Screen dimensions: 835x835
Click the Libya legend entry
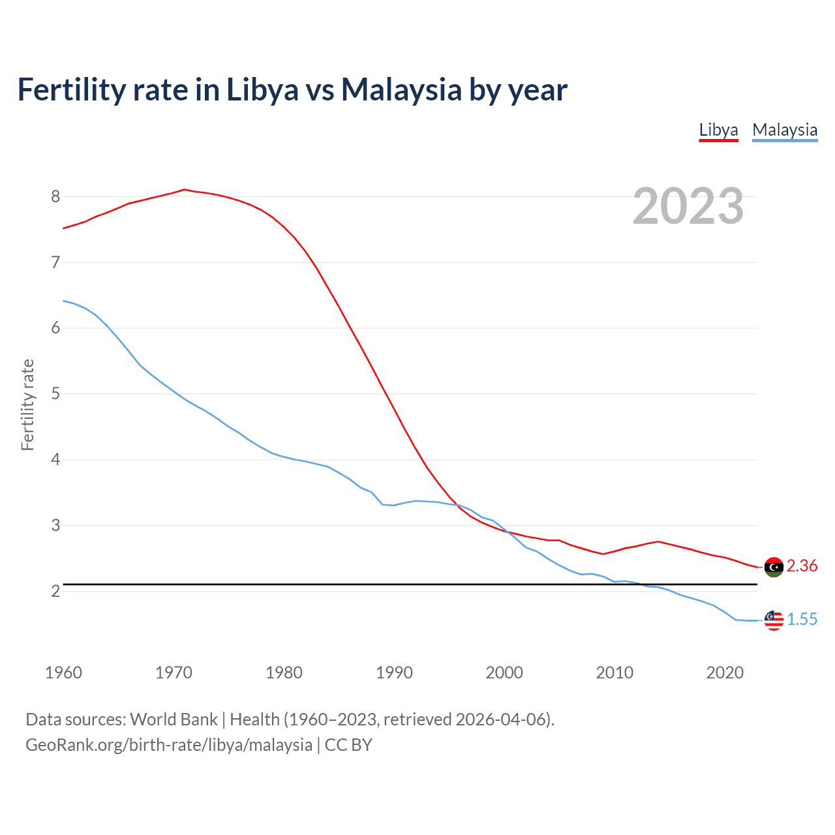tap(718, 130)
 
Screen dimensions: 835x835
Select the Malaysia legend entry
tap(785, 130)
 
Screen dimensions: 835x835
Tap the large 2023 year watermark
tap(688, 206)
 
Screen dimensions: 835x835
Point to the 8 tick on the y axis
tap(55, 196)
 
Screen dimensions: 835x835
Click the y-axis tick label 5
tap(55, 394)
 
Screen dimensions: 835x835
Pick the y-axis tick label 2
tap(55, 591)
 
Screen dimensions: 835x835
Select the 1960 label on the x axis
tap(63, 673)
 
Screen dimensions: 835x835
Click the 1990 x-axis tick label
tap(394, 673)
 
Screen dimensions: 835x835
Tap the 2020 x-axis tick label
tap(725, 673)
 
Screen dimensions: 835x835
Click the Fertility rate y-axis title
tap(27, 404)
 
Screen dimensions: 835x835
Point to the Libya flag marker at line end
tap(774, 567)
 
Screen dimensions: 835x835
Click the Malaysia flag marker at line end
tap(774, 620)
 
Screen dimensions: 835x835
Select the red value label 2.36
tap(802, 566)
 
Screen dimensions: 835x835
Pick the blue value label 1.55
tap(802, 619)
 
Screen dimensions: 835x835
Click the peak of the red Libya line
tap(184, 190)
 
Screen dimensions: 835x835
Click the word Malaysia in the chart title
tap(401, 89)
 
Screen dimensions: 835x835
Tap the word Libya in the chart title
tap(262, 89)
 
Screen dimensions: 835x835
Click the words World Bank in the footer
tap(174, 719)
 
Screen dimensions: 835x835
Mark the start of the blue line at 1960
tap(63, 301)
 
